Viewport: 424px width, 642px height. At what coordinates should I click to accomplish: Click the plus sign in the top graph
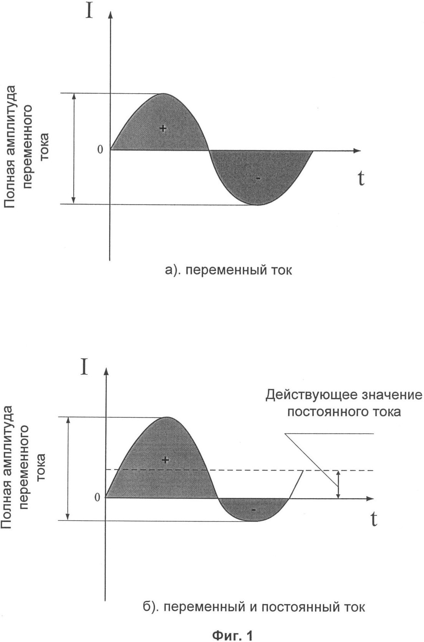[x=163, y=128]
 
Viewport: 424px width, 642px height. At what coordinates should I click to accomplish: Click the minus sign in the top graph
[x=258, y=179]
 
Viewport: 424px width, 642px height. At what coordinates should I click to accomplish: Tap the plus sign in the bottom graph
[x=165, y=460]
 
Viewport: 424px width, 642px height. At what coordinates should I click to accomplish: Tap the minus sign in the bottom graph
[x=254, y=510]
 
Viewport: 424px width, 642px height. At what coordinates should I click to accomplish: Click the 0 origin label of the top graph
[x=100, y=149]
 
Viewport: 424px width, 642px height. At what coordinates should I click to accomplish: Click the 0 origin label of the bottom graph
[x=97, y=497]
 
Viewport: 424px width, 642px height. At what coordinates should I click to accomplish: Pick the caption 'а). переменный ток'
[x=229, y=270]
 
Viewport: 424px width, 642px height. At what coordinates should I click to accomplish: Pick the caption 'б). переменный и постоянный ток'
[x=254, y=607]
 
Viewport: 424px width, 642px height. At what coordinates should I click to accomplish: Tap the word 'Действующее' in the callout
[x=311, y=395]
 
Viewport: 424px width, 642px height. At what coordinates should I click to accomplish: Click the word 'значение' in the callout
[x=392, y=395]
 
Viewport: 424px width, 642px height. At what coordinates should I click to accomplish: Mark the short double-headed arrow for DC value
[x=338, y=484]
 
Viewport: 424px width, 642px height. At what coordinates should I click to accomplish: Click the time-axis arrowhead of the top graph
[x=357, y=150]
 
